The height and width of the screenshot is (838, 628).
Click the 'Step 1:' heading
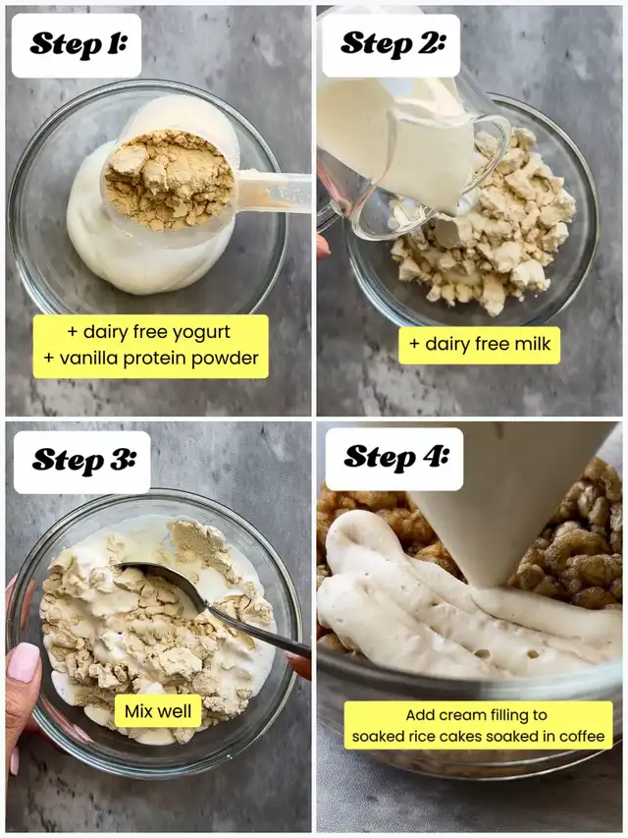pyautogui.click(x=78, y=44)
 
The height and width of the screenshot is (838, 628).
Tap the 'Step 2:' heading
pyautogui.click(x=392, y=43)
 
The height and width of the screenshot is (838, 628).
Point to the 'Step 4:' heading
pyautogui.click(x=395, y=458)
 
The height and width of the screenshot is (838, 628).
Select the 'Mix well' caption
pyautogui.click(x=158, y=711)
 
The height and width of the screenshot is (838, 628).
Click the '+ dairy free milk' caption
pyautogui.click(x=479, y=344)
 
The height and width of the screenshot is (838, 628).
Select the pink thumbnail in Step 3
pyautogui.click(x=23, y=661)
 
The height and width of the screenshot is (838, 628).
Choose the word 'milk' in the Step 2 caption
pyautogui.click(x=532, y=344)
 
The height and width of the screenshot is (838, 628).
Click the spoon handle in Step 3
pyautogui.click(x=259, y=633)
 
